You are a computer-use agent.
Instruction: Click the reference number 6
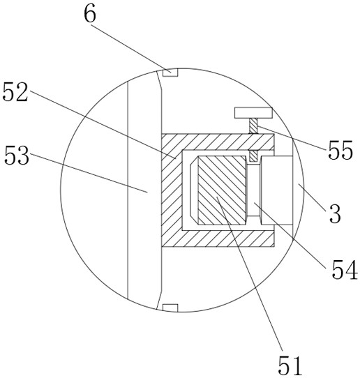tap(90, 15)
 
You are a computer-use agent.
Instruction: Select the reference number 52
tap(15, 92)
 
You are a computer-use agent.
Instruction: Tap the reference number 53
tap(17, 156)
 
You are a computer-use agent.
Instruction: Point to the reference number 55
tap(340, 151)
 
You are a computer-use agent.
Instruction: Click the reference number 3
tap(335, 213)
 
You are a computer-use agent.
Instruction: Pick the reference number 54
tap(345, 270)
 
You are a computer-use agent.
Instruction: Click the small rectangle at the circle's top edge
tap(170, 73)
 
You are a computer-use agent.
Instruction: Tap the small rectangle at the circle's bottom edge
tap(170, 308)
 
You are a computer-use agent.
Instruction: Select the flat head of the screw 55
tap(253, 113)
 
